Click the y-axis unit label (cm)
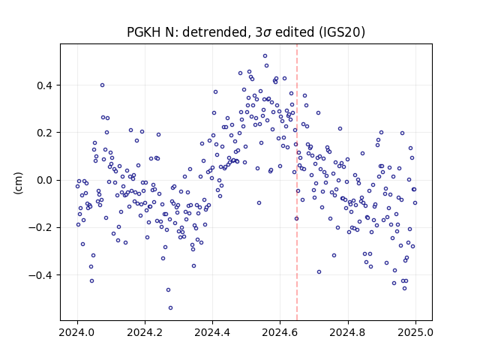coord(18,183)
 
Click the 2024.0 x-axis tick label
coord(77,332)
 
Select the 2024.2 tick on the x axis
coord(145,332)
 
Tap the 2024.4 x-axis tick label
coord(212,332)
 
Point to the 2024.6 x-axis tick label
coord(280,332)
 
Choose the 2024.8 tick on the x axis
coord(348,332)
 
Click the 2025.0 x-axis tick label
coord(415,332)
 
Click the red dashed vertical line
coord(297,182)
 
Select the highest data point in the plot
coord(265,55)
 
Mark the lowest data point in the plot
coord(170,307)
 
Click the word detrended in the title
coord(215,31)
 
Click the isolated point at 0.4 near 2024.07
coord(102,85)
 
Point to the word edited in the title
coord(295,31)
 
